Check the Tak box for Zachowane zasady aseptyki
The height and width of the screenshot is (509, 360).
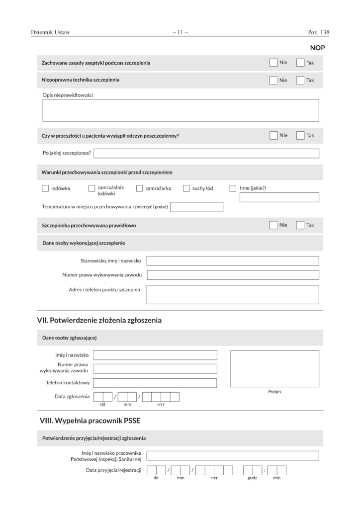coord(300,63)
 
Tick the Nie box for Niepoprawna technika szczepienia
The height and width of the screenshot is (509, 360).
coord(273,80)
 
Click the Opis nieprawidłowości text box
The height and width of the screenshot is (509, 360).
coord(180,110)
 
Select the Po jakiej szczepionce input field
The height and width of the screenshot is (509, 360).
coord(206,153)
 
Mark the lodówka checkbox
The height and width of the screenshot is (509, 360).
coord(45,188)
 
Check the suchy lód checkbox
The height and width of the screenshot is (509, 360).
coord(186,188)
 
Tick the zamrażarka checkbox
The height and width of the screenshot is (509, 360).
coord(140,188)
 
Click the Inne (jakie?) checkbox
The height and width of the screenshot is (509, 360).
coord(233,188)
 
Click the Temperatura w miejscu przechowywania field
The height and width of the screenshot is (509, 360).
coord(196,207)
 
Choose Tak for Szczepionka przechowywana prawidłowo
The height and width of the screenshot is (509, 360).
coord(300,225)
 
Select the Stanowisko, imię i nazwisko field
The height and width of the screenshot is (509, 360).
coord(233,261)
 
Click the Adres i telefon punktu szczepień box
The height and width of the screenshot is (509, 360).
coord(233,294)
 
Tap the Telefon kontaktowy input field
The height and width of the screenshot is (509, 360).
coord(155,383)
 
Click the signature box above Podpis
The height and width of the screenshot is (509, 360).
coord(274,368)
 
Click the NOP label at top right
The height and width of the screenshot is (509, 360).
coord(317,48)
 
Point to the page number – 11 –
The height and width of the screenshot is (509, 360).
coord(180,33)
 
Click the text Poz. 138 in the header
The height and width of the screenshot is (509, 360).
coord(319,33)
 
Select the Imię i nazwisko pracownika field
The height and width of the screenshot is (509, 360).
coord(233,456)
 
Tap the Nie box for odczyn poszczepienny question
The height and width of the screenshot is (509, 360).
coord(273,135)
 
